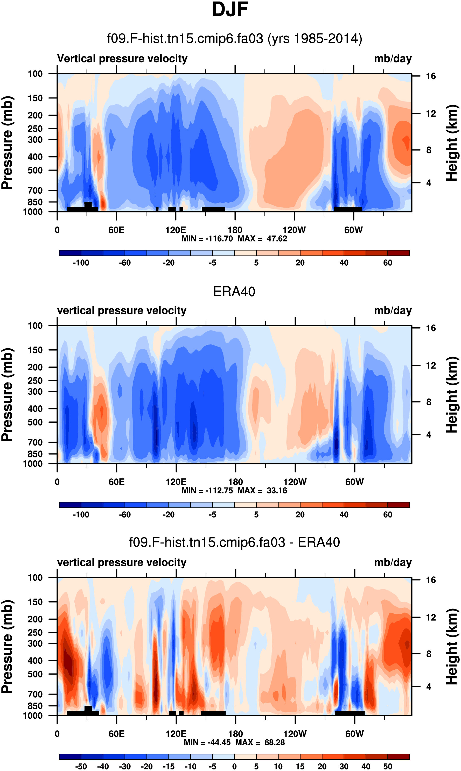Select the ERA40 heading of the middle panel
click(x=234, y=292)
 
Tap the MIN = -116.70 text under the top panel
click(x=207, y=239)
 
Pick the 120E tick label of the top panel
click(x=176, y=230)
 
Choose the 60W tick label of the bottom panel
click(x=354, y=734)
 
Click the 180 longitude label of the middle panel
click(x=235, y=482)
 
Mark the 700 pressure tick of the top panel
click(x=35, y=190)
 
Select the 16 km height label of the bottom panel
click(x=431, y=580)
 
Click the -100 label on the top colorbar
click(x=81, y=263)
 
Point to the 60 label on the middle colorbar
click(x=387, y=515)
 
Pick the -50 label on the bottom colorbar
click(x=81, y=767)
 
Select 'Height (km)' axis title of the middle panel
click(x=452, y=395)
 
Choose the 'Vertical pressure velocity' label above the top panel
click(x=122, y=59)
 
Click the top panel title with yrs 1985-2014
click(x=235, y=39)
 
